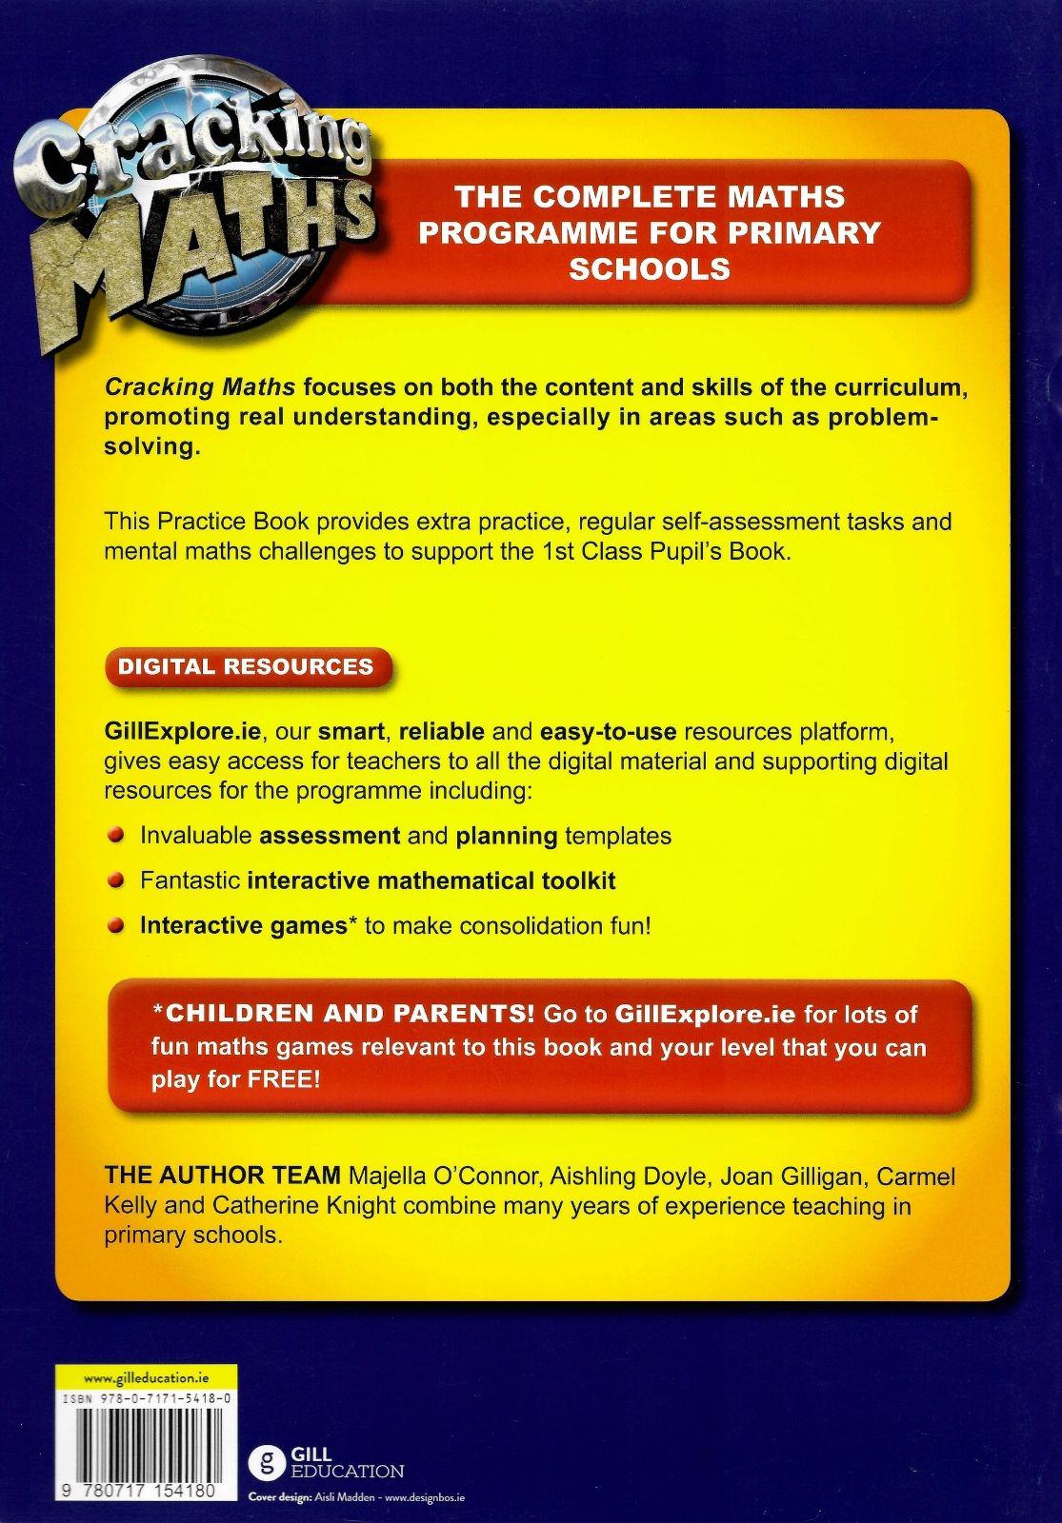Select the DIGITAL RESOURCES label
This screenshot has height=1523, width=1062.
pyautogui.click(x=245, y=665)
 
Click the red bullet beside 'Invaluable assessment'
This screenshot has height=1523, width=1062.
pyautogui.click(x=116, y=835)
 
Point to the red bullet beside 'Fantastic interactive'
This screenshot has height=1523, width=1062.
pyautogui.click(x=116, y=880)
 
